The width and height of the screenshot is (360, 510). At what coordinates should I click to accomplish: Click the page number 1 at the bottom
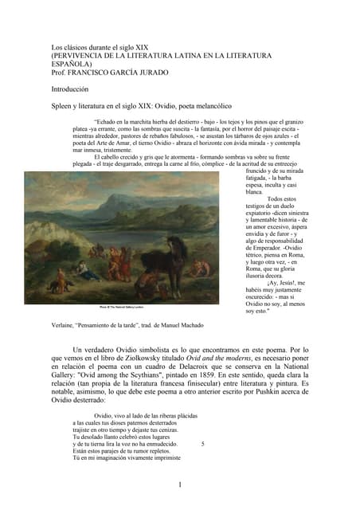180,484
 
